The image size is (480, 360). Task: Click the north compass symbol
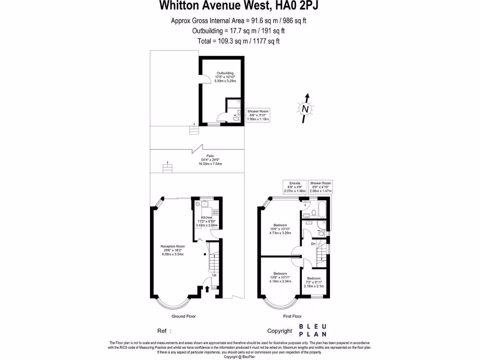(x=305, y=109)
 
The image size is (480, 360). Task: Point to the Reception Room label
(x=172, y=250)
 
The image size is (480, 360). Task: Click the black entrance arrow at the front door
(x=207, y=289)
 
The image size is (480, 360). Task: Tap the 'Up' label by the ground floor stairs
(x=214, y=275)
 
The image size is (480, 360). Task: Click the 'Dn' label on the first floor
(x=313, y=244)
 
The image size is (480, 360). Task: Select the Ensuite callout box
(x=294, y=187)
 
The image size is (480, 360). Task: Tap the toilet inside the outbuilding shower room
(x=236, y=119)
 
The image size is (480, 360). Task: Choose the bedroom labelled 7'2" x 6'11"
(x=314, y=282)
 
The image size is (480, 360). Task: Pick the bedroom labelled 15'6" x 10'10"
(x=280, y=229)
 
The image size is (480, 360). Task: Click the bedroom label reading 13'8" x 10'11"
(x=280, y=277)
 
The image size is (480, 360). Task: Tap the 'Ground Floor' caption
(x=183, y=316)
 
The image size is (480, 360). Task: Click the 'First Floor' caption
(x=292, y=316)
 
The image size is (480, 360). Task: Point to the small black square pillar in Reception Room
(x=204, y=255)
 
